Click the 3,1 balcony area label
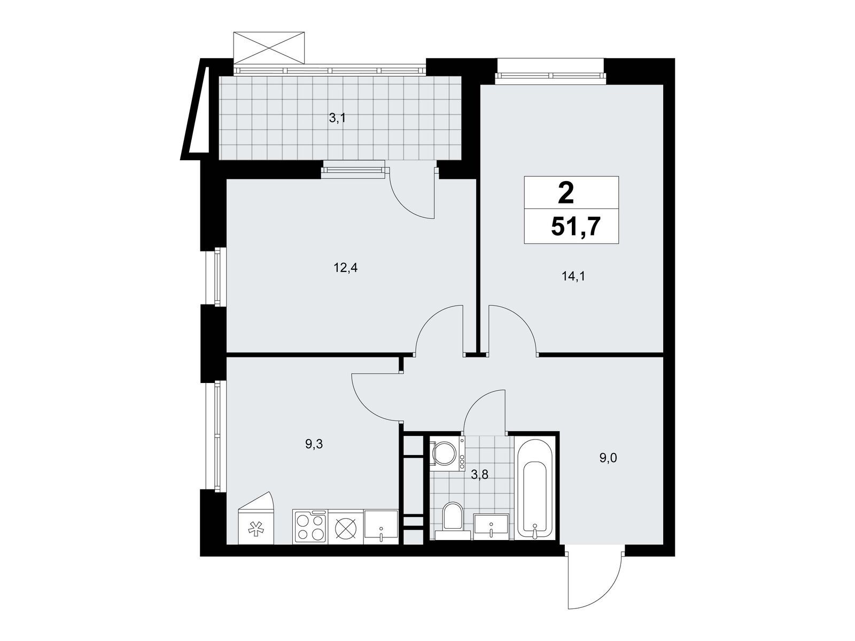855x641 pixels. coord(337,118)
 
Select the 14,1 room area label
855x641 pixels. coord(573,276)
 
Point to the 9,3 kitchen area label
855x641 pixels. coord(314,444)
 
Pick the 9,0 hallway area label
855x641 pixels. coord(608,458)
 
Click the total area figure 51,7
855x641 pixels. coord(574,226)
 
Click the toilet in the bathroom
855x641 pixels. coord(453,521)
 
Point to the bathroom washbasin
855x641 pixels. coord(491,527)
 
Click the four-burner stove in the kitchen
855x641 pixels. coord(310,527)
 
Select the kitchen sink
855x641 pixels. coord(381,527)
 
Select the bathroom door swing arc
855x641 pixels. coord(479,405)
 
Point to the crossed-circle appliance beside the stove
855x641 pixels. coord(346,527)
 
